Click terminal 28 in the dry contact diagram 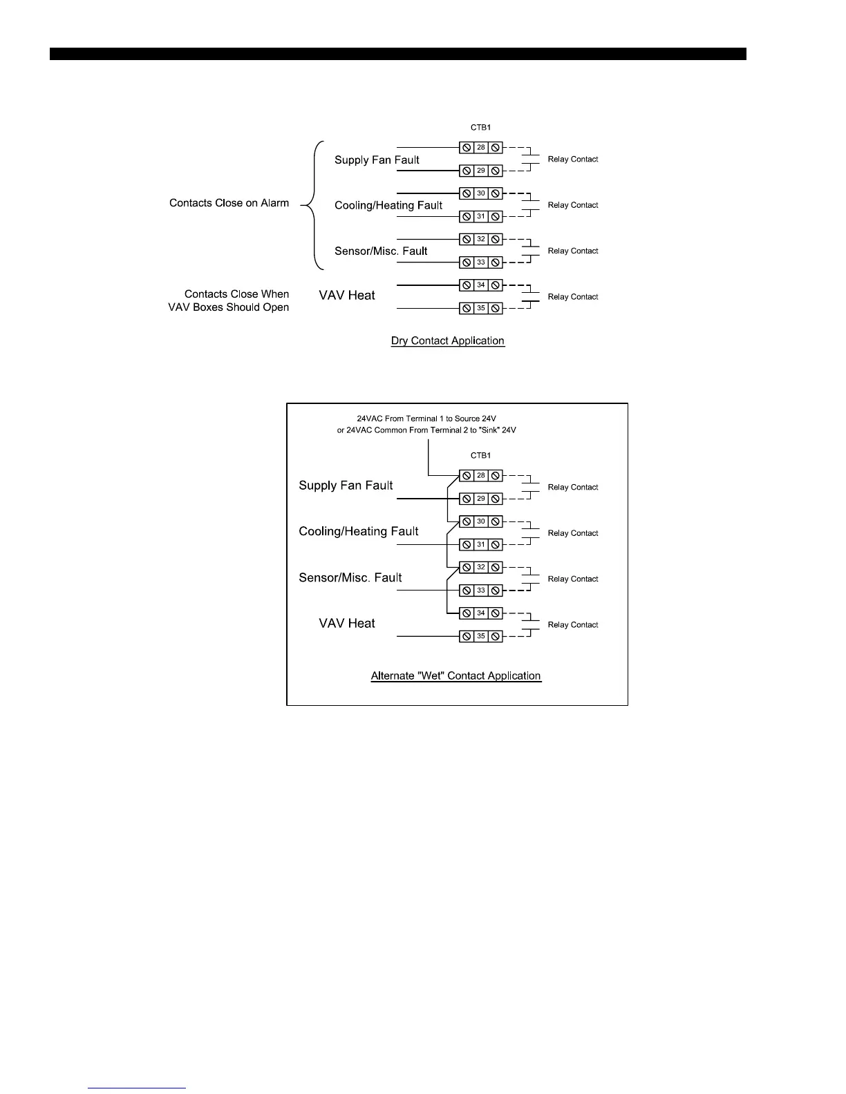481,147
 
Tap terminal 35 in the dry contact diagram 481,308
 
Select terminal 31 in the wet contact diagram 481,544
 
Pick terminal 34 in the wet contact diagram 481,613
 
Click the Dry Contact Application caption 448,340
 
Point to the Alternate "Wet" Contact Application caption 456,675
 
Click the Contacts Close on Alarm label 229,203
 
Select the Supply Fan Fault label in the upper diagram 377,160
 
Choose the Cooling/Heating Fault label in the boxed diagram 359,531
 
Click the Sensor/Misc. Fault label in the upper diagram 381,251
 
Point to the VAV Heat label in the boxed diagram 347,623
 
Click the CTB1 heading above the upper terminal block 480,128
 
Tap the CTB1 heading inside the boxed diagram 480,456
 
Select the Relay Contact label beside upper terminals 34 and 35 573,297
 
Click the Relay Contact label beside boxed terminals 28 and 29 573,487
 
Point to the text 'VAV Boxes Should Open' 229,307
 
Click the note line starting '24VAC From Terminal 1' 426,419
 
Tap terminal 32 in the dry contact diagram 481,239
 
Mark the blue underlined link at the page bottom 137,1088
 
